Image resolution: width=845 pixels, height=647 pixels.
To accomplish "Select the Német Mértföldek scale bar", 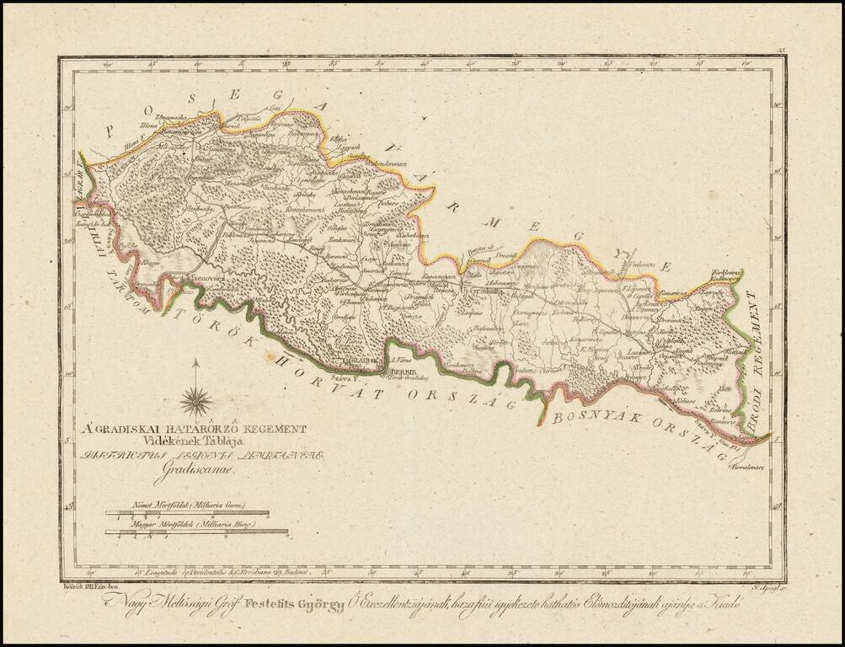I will coord(187,513).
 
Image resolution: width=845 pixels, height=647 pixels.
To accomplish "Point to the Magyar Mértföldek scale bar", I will coord(196,532).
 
